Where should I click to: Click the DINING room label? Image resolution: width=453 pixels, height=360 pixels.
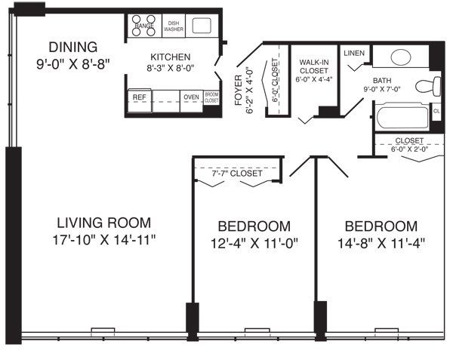(x=73, y=46)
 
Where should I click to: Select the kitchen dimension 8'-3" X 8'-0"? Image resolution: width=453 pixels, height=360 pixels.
(x=170, y=68)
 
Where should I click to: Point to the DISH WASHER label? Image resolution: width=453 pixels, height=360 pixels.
(x=174, y=26)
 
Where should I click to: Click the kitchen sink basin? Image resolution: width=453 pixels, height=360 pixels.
(x=202, y=26)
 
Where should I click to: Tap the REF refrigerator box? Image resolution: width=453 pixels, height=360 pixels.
(x=140, y=97)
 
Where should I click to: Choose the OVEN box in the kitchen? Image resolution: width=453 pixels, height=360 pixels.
(x=191, y=97)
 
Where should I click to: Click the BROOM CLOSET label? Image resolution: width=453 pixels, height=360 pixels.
(x=211, y=97)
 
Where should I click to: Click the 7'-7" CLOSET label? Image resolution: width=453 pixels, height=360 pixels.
(x=238, y=174)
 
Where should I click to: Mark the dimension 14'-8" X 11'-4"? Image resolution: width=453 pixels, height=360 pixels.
(x=381, y=243)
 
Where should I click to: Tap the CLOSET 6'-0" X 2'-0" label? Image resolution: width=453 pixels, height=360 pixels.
(x=410, y=144)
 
